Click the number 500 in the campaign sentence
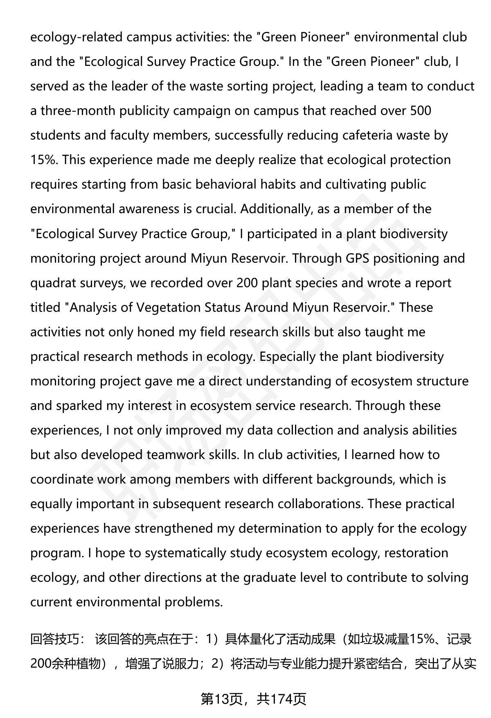[x=420, y=111]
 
